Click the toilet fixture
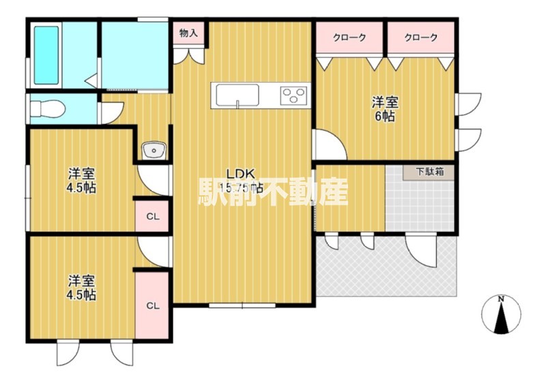[49, 108]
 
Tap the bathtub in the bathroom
[46, 55]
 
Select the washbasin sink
[153, 150]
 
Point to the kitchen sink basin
[238, 96]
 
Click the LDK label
[240, 173]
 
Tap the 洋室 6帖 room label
[385, 109]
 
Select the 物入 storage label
[188, 33]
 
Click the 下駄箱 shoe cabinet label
[431, 172]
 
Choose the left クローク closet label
[349, 38]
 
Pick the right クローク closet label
[420, 38]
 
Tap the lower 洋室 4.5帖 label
[81, 287]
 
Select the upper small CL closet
[153, 217]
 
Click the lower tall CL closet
[153, 305]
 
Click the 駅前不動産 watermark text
[273, 191]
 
